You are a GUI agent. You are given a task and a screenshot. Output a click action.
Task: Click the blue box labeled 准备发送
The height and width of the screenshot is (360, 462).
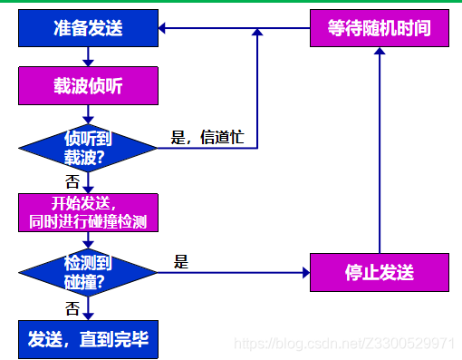click(x=87, y=29)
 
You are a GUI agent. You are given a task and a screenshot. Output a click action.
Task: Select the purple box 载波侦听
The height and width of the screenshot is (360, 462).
click(x=87, y=88)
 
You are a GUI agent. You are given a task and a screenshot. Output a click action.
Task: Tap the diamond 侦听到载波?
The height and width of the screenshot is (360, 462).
click(x=87, y=148)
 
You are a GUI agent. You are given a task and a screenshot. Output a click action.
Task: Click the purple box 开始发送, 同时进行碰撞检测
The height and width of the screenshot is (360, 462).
click(x=87, y=213)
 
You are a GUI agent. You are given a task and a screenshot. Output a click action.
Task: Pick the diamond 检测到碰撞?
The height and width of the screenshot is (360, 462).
click(x=87, y=271)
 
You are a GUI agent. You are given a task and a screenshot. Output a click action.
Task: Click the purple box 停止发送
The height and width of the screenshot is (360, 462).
click(x=380, y=272)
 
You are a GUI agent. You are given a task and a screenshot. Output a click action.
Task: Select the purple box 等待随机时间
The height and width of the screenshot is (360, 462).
click(x=380, y=29)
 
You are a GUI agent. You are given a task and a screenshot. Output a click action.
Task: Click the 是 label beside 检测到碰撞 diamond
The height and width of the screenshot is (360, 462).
click(x=182, y=262)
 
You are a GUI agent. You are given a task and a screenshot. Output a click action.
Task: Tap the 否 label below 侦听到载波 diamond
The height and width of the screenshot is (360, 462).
click(x=72, y=181)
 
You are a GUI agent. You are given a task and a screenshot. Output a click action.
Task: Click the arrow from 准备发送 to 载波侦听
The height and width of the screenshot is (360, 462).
click(x=87, y=58)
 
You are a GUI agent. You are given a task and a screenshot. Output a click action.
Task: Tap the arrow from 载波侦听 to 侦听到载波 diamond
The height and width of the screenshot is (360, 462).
click(x=87, y=116)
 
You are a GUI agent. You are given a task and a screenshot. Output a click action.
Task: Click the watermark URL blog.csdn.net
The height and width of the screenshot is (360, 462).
click(x=344, y=344)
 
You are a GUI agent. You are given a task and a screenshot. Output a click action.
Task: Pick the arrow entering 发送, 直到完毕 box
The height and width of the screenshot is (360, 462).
click(x=87, y=310)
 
